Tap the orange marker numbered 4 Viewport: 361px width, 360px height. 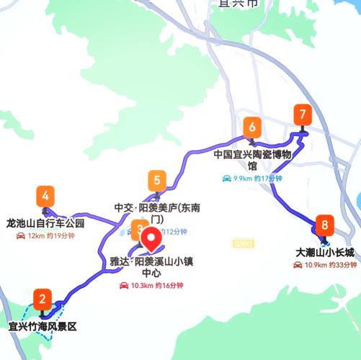[46, 196]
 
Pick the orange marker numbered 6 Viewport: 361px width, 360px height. [251, 128]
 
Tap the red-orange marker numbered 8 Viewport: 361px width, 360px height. [325, 225]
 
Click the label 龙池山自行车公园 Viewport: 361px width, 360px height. [45, 223]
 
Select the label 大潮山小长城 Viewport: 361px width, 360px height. [326, 253]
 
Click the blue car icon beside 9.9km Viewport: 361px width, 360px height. [226, 179]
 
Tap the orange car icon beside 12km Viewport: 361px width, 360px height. [21, 236]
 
